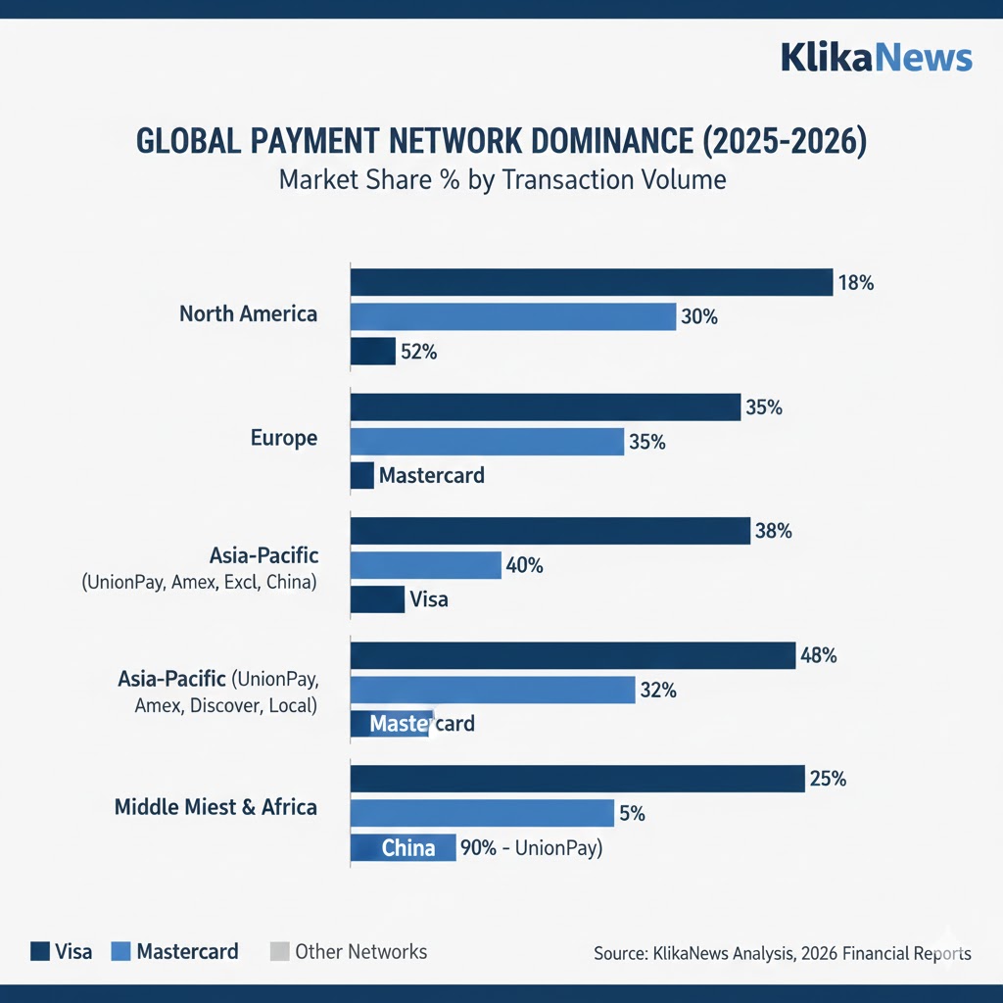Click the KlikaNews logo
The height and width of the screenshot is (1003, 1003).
point(877,58)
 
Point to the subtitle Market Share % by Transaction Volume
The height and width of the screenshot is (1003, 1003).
point(501,180)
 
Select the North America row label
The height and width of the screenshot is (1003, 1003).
point(248,314)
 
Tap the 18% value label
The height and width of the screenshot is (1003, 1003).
point(855,283)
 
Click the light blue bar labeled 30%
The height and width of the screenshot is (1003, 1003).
point(513,316)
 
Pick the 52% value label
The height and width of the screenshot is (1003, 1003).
point(418,352)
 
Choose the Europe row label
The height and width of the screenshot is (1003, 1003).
point(284,438)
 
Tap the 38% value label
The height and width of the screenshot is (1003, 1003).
point(773,532)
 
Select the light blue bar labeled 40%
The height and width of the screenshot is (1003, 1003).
point(426,565)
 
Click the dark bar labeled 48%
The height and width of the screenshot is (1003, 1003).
point(572,655)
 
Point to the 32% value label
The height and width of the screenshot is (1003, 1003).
point(657,690)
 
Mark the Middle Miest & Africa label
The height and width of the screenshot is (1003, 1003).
point(215,807)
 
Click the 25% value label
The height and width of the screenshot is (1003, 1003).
point(828,780)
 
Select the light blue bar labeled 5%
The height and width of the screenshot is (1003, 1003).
point(482,813)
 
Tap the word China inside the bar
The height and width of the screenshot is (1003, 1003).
point(408,848)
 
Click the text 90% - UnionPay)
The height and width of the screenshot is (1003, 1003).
point(531,848)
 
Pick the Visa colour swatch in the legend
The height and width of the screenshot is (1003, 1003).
point(40,951)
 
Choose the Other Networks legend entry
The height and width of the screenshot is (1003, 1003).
point(349,951)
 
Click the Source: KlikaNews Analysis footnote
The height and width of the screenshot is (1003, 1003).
point(782,953)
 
